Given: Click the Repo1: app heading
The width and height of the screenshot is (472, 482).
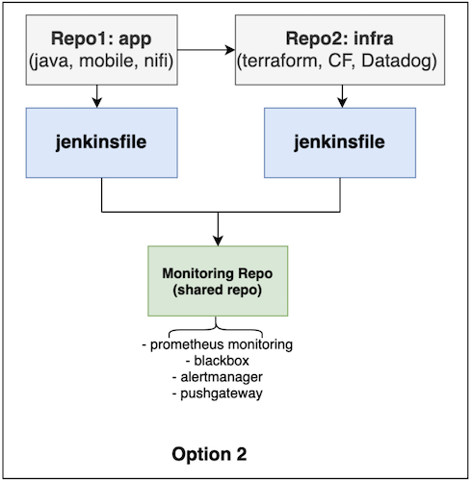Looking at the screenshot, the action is pyautogui.click(x=101, y=39).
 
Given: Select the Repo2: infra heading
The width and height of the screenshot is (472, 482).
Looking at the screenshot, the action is pyautogui.click(x=339, y=38).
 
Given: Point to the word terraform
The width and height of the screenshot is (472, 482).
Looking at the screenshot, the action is pyautogui.click(x=279, y=61).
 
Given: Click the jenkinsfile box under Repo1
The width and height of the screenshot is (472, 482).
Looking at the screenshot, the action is pyautogui.click(x=101, y=142).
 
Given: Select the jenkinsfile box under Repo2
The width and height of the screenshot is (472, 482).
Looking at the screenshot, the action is pyautogui.click(x=340, y=142).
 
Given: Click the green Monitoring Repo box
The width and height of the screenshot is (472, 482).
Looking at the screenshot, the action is pyautogui.click(x=218, y=281).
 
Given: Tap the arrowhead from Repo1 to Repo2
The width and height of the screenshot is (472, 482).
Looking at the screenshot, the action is pyautogui.click(x=230, y=50).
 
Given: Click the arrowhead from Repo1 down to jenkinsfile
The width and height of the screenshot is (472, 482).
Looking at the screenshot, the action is pyautogui.click(x=97, y=103).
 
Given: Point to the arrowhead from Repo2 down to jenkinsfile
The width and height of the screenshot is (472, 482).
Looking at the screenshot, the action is pyautogui.click(x=342, y=103).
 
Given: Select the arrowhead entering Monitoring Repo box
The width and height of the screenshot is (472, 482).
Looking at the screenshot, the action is pyautogui.click(x=218, y=241).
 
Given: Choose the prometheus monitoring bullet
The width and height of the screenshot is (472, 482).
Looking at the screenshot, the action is pyautogui.click(x=218, y=345).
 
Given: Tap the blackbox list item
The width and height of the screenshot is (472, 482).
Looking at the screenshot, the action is pyautogui.click(x=218, y=361).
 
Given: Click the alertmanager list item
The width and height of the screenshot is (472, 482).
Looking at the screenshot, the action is pyautogui.click(x=218, y=377).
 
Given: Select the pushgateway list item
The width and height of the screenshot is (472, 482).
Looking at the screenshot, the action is pyautogui.click(x=218, y=393).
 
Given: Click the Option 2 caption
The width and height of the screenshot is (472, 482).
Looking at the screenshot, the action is pyautogui.click(x=209, y=454).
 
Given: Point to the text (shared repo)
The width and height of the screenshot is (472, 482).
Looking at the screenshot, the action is pyautogui.click(x=218, y=291).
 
